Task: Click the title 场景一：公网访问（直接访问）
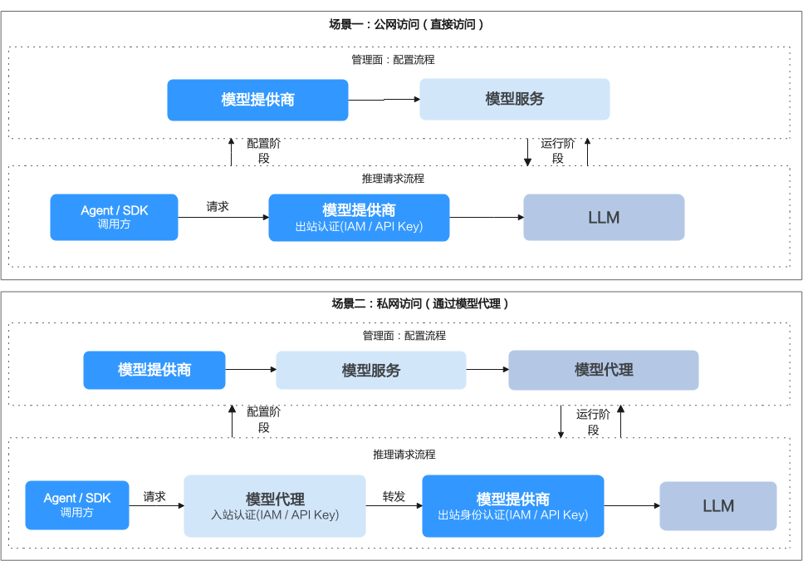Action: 405,24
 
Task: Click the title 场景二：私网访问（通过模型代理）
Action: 419,304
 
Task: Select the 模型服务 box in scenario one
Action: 515,100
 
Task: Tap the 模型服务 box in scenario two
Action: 371,370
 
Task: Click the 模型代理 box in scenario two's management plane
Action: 603,370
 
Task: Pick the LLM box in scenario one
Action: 604,217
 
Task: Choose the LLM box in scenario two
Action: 718,505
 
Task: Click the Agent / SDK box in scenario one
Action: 115,217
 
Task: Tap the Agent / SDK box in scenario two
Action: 77,505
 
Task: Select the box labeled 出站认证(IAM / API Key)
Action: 359,217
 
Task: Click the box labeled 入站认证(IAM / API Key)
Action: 275,505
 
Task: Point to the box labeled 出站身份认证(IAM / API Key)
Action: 513,505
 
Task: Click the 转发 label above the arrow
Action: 394,496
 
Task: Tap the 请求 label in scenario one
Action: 218,206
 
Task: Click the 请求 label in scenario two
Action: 154,496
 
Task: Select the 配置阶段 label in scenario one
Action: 264,151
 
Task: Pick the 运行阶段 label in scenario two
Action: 593,421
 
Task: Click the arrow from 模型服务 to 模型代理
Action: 487,369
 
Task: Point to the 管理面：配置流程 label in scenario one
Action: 394,60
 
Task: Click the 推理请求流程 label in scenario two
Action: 404,455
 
